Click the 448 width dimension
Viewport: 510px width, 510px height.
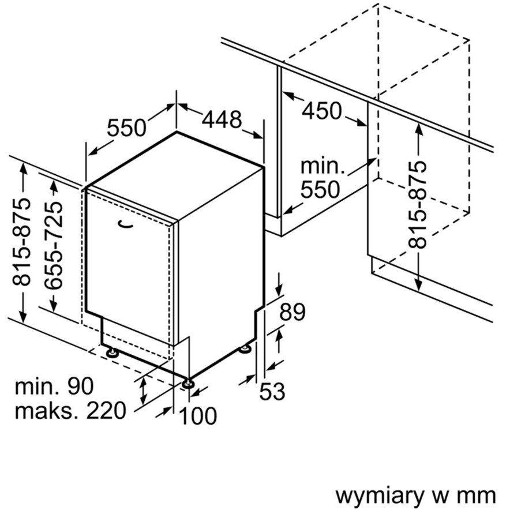pos(222,120)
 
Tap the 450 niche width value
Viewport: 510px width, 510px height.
pos(322,110)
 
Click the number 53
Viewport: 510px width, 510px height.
pos(272,391)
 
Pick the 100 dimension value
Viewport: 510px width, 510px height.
pos(198,416)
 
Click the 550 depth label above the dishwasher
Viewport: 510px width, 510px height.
pos(127,127)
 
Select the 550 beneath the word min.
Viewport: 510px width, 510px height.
pos(320,189)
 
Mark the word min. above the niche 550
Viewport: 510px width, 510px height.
pos(322,166)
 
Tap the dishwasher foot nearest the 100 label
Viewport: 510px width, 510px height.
pos(189,382)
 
